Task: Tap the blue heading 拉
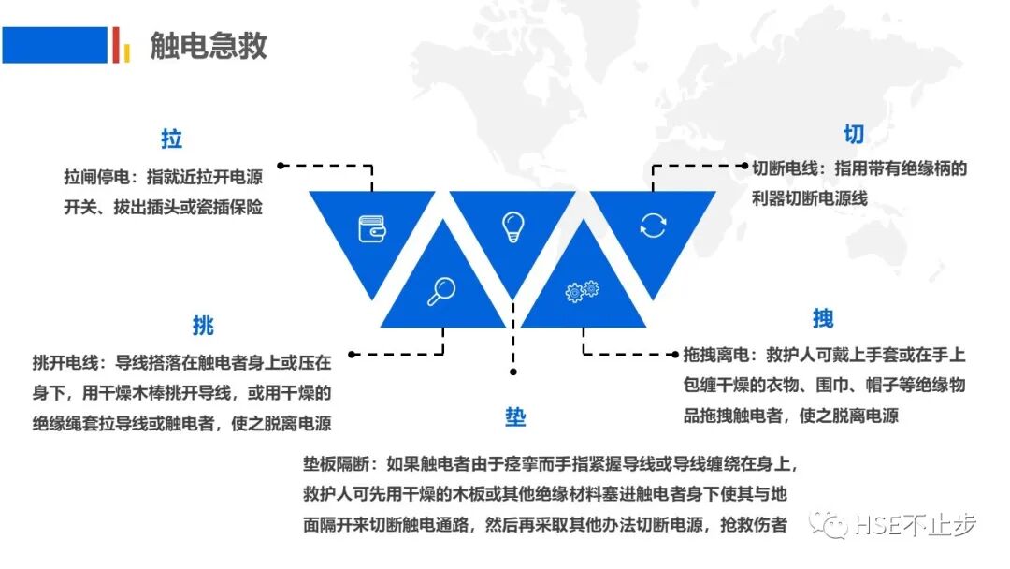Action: pos(171,139)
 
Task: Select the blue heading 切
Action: pos(854,134)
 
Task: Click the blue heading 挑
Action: pos(203,326)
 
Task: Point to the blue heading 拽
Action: pos(823,318)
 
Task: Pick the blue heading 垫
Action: pos(515,417)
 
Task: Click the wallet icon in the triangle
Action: pos(372,228)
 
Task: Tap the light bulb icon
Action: pos(512,226)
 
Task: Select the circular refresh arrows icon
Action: pos(652,225)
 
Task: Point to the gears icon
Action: pos(582,292)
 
